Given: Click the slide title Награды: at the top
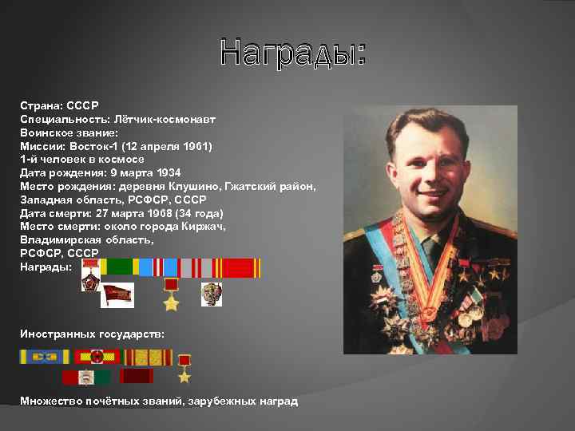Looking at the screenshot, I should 293,53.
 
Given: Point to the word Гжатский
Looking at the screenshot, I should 255,186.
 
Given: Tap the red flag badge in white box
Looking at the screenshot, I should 117,295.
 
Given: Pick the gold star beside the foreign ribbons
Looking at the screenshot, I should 184,369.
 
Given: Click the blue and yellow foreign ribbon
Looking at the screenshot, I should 45,357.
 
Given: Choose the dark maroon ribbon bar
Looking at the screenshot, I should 137,376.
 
